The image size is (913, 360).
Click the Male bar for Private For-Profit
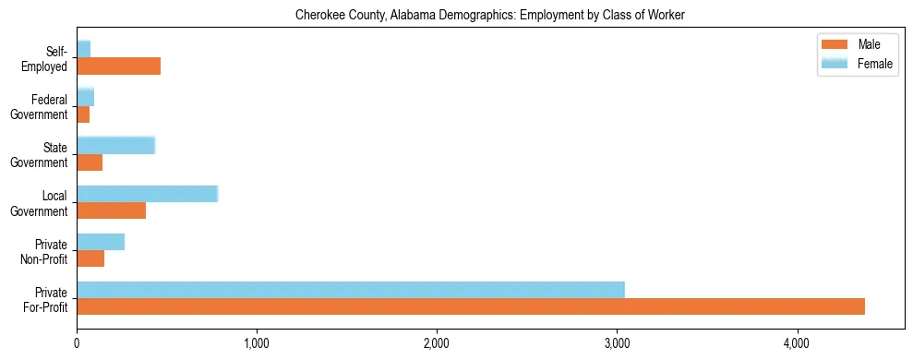pos(471,306)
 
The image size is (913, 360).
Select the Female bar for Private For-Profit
pos(351,290)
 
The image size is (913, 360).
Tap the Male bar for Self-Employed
pos(118,66)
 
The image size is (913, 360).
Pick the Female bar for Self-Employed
pos(83,49)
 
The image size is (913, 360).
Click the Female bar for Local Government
pos(147,194)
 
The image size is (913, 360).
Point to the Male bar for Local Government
pos(111,210)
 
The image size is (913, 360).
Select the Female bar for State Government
pos(115,145)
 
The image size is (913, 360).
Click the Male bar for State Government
pos(90,162)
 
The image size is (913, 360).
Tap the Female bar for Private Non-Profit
pos(101,242)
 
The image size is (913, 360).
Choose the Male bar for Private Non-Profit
pos(90,258)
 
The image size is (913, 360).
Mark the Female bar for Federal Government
pos(85,97)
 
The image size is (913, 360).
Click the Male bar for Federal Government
pos(83,114)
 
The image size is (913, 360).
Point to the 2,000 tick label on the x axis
pos(437,344)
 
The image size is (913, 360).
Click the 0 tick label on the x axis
pos(77,344)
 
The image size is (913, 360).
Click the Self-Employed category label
pos(48,58)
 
